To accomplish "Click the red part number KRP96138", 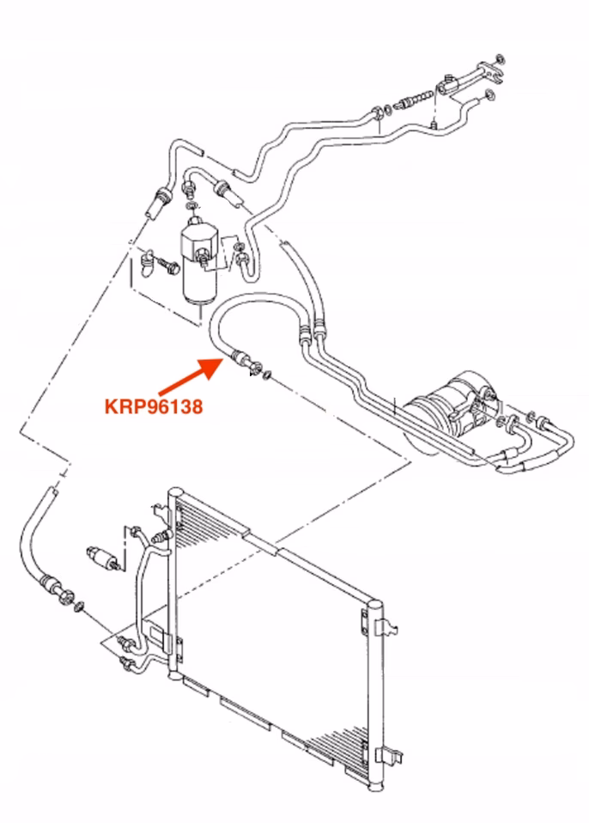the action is point(154,406).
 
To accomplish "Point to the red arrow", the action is point(191,375).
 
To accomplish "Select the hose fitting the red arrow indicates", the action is point(245,361).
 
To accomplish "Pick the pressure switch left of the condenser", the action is point(102,558).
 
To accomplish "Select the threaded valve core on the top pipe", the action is point(416,99).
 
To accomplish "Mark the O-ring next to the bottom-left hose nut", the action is point(80,607).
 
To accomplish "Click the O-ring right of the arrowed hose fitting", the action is point(266,375).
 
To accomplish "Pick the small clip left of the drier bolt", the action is point(148,261).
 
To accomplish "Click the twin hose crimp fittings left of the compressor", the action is point(312,334).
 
